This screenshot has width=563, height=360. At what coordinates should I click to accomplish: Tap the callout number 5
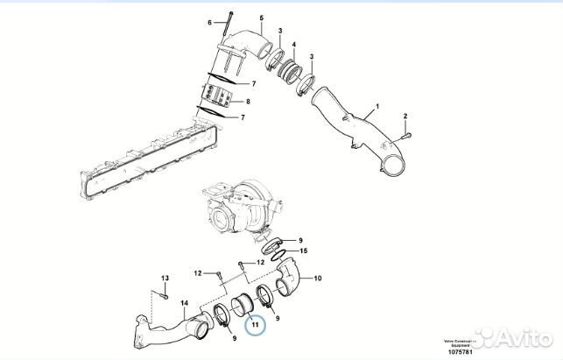[x=260, y=18]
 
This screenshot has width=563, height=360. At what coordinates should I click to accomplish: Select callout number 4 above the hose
[x=293, y=45]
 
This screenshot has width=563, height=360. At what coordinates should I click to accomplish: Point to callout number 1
[x=377, y=110]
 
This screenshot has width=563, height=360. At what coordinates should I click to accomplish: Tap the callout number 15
[x=305, y=251]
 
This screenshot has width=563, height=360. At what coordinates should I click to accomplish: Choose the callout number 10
[x=317, y=279]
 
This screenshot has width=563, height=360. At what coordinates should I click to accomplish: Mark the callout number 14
[x=184, y=304]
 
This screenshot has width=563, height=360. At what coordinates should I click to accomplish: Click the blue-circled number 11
[x=254, y=325]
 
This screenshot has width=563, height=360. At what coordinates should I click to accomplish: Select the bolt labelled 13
[x=165, y=294]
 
